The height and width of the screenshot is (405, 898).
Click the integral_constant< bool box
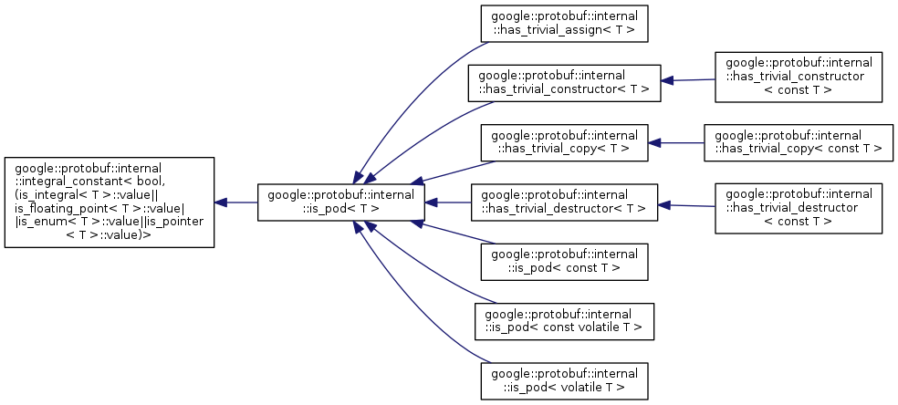click(x=110, y=202)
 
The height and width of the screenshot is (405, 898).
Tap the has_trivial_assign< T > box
click(x=564, y=24)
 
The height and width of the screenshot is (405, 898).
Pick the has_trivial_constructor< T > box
click(x=564, y=82)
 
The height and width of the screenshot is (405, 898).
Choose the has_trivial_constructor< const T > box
click(x=799, y=77)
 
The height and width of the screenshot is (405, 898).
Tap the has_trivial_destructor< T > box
click(x=564, y=202)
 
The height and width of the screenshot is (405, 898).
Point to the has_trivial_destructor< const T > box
click(x=799, y=207)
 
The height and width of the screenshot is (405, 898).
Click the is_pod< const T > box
click(x=564, y=261)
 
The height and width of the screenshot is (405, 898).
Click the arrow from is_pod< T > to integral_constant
click(x=236, y=202)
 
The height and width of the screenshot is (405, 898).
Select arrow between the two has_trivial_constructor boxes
click(x=688, y=80)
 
